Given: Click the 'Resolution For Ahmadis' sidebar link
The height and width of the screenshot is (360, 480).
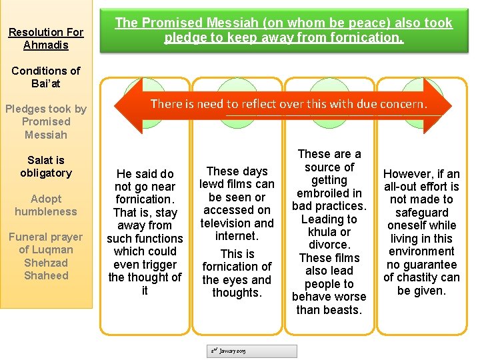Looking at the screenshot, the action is [x=46, y=39].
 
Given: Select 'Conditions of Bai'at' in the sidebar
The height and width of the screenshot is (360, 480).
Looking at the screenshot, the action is [x=46, y=77].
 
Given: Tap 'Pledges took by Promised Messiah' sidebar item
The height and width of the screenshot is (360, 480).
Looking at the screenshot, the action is [x=46, y=121].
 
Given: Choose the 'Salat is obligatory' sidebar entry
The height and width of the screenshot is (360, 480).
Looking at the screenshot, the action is [x=46, y=167].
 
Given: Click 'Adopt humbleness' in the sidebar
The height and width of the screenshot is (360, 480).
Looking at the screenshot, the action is [x=46, y=205].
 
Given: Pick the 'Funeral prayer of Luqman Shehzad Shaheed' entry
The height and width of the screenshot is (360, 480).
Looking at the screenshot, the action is [x=46, y=256].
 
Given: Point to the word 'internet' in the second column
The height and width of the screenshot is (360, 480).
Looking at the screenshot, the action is [x=237, y=236].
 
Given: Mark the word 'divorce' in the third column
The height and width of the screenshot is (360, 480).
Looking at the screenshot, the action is [x=329, y=245].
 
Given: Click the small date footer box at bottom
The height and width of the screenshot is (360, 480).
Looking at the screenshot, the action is [x=254, y=351].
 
